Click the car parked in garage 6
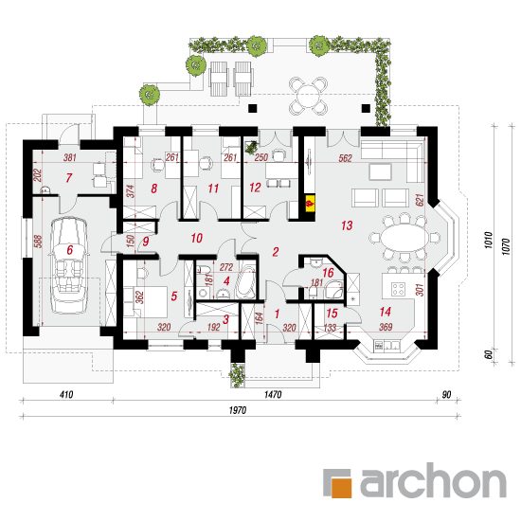coord(69,265)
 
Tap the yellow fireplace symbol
coord(310,203)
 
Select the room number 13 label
coord(347,225)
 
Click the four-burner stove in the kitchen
coord(399,289)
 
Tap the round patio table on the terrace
coord(308,96)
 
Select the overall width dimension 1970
coord(238,410)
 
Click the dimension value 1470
coord(273,394)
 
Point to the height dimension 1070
coord(506,246)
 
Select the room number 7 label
coord(69,178)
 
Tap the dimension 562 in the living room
coord(345,158)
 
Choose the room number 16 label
coord(328,273)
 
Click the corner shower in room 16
coord(334,290)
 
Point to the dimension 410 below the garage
coord(66,394)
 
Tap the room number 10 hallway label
coord(197,238)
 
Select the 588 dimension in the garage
coord(38,242)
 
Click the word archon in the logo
coord(433,480)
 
